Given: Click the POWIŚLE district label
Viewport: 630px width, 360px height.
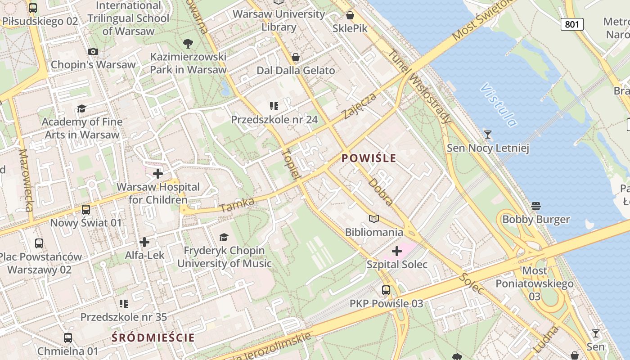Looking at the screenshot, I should pos(369,158).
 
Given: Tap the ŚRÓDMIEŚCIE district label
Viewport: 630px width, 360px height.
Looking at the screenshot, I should pos(153,337).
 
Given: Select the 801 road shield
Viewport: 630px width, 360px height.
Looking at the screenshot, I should pos(571,24).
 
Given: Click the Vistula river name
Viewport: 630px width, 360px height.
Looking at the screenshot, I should pos(498,104).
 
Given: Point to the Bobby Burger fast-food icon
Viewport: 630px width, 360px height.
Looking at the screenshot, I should pos(535,206).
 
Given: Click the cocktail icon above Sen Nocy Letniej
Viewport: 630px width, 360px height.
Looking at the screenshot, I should pos(487,134).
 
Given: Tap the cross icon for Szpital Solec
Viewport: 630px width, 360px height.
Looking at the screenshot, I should pos(396,251).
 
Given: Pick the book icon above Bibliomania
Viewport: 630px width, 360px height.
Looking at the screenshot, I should pos(373,219).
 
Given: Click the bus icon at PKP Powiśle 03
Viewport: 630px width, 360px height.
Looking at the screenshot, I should pos(386,290).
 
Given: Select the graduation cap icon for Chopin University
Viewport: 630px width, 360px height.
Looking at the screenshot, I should pos(224,237).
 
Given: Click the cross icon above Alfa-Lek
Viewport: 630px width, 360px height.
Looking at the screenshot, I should pos(144,242).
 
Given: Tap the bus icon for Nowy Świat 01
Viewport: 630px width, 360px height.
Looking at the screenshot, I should pos(85,209).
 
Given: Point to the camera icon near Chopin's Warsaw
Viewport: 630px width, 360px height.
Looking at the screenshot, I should pos(93,51).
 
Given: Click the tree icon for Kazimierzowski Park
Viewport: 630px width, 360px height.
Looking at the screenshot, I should pos(188,44).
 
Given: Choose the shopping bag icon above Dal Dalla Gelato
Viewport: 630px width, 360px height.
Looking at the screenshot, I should pos(296,57).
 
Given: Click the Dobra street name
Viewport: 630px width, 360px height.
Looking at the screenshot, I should pos(380,192).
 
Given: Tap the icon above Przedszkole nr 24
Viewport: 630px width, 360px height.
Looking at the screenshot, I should pos(274,106).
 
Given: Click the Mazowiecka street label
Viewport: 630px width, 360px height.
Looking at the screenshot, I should pos(26,180).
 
